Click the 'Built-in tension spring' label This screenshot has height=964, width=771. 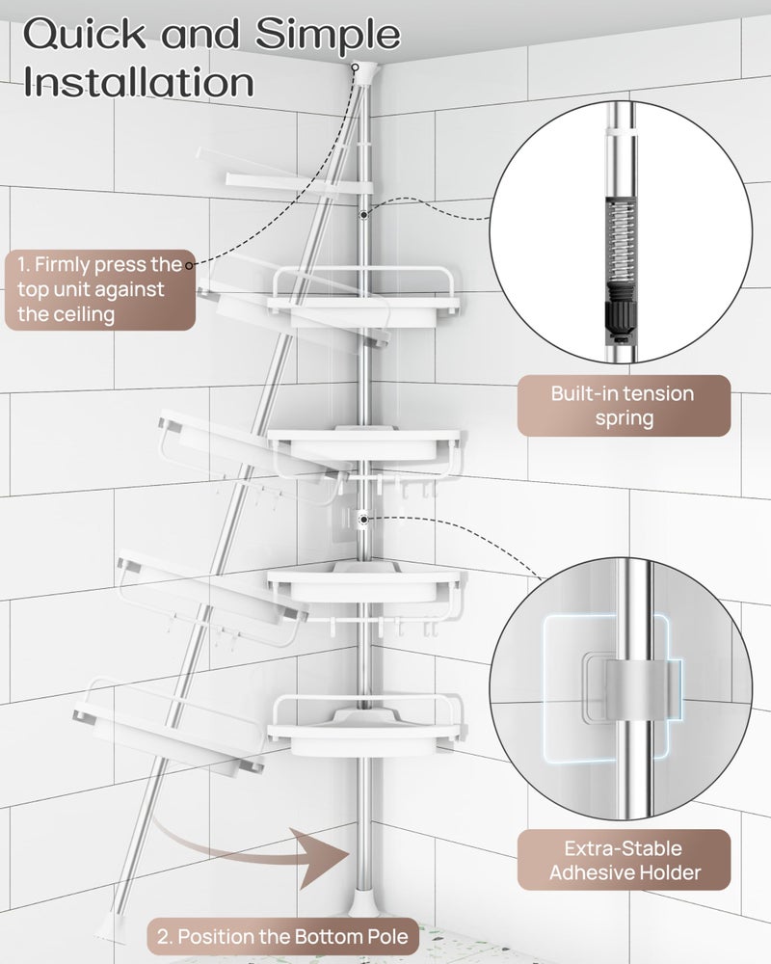[x=622, y=405]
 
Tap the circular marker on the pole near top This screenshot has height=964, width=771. [x=363, y=215]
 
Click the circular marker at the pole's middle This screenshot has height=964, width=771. [x=363, y=519]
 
